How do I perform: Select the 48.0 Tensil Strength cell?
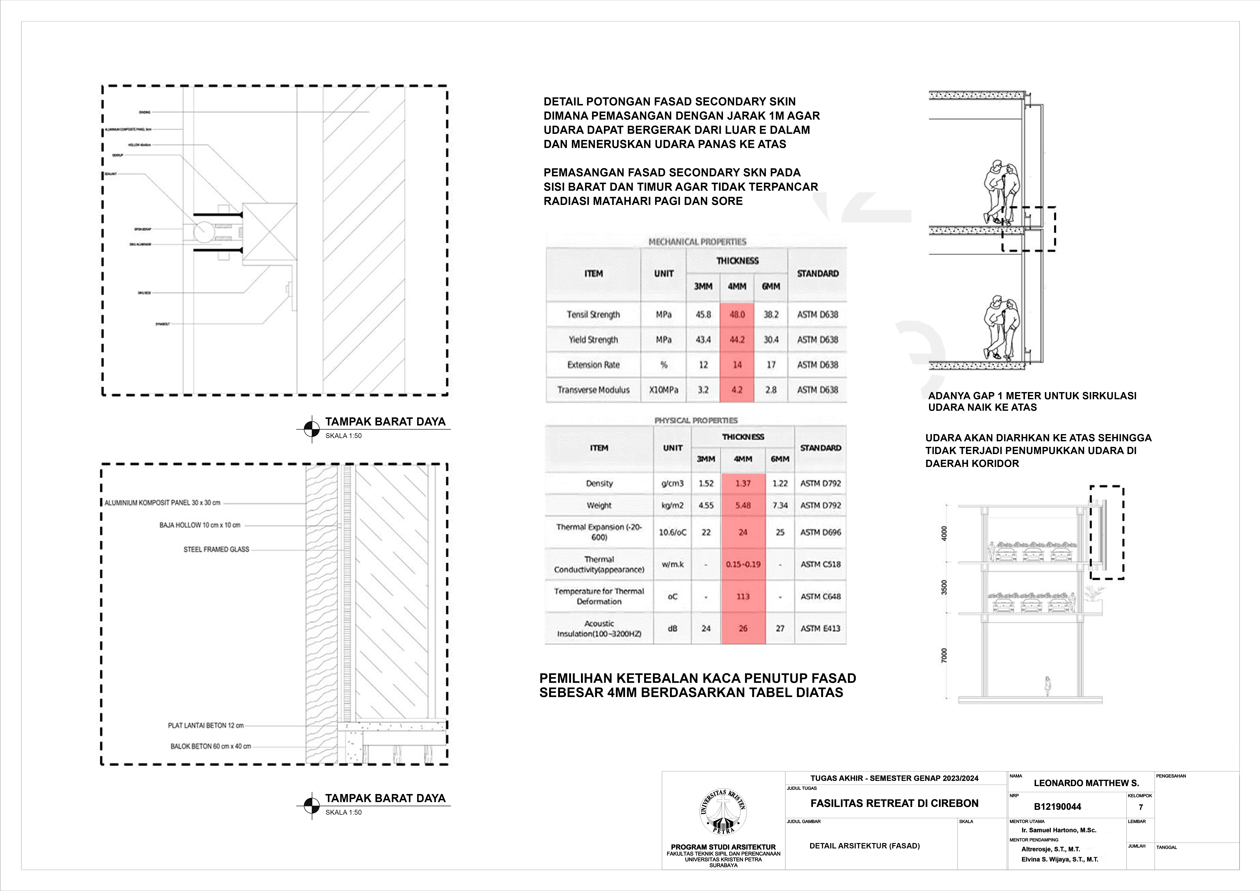click(737, 314)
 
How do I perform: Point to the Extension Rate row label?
click(593, 365)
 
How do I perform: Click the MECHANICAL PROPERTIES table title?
click(697, 242)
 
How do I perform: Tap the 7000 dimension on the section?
click(944, 656)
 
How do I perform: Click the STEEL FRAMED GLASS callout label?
click(216, 549)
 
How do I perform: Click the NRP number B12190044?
click(1057, 806)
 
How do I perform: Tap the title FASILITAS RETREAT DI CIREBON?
click(895, 803)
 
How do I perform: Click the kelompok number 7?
click(1141, 807)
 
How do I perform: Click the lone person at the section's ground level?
click(1047, 686)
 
